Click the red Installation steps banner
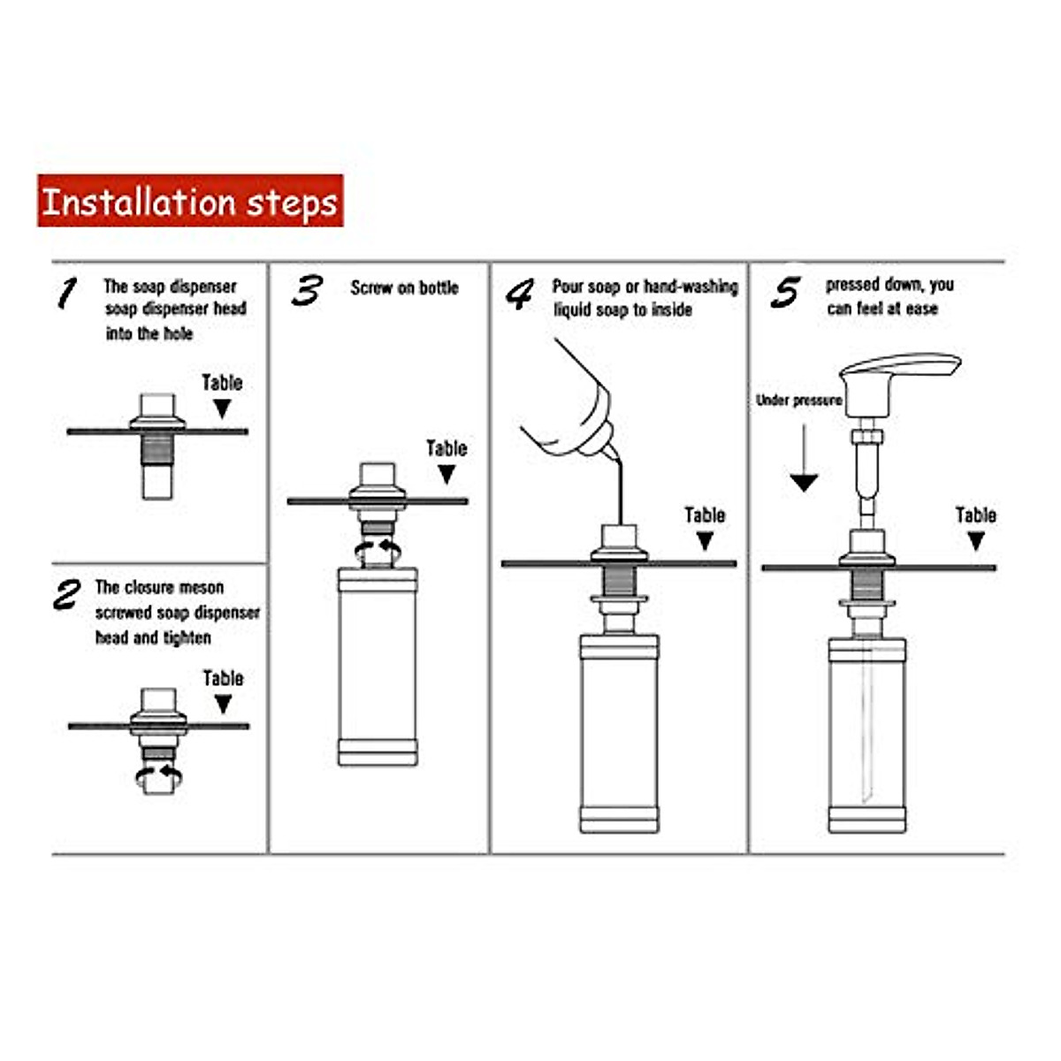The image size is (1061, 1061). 190,201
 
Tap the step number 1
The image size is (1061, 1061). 68,293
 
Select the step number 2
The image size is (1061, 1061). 67,595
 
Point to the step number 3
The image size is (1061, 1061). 307,291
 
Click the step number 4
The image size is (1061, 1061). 520,294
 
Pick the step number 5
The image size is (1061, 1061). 785,293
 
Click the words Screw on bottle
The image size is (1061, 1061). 405,288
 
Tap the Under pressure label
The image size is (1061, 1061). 799,401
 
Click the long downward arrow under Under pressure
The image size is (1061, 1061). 804,457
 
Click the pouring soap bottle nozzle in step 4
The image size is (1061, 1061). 611,453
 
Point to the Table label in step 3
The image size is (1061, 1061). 447,449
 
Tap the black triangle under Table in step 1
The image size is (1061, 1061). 222,408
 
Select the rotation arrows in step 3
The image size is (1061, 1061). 378,549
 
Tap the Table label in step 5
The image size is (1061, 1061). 975,515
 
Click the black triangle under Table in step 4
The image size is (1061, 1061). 706,541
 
